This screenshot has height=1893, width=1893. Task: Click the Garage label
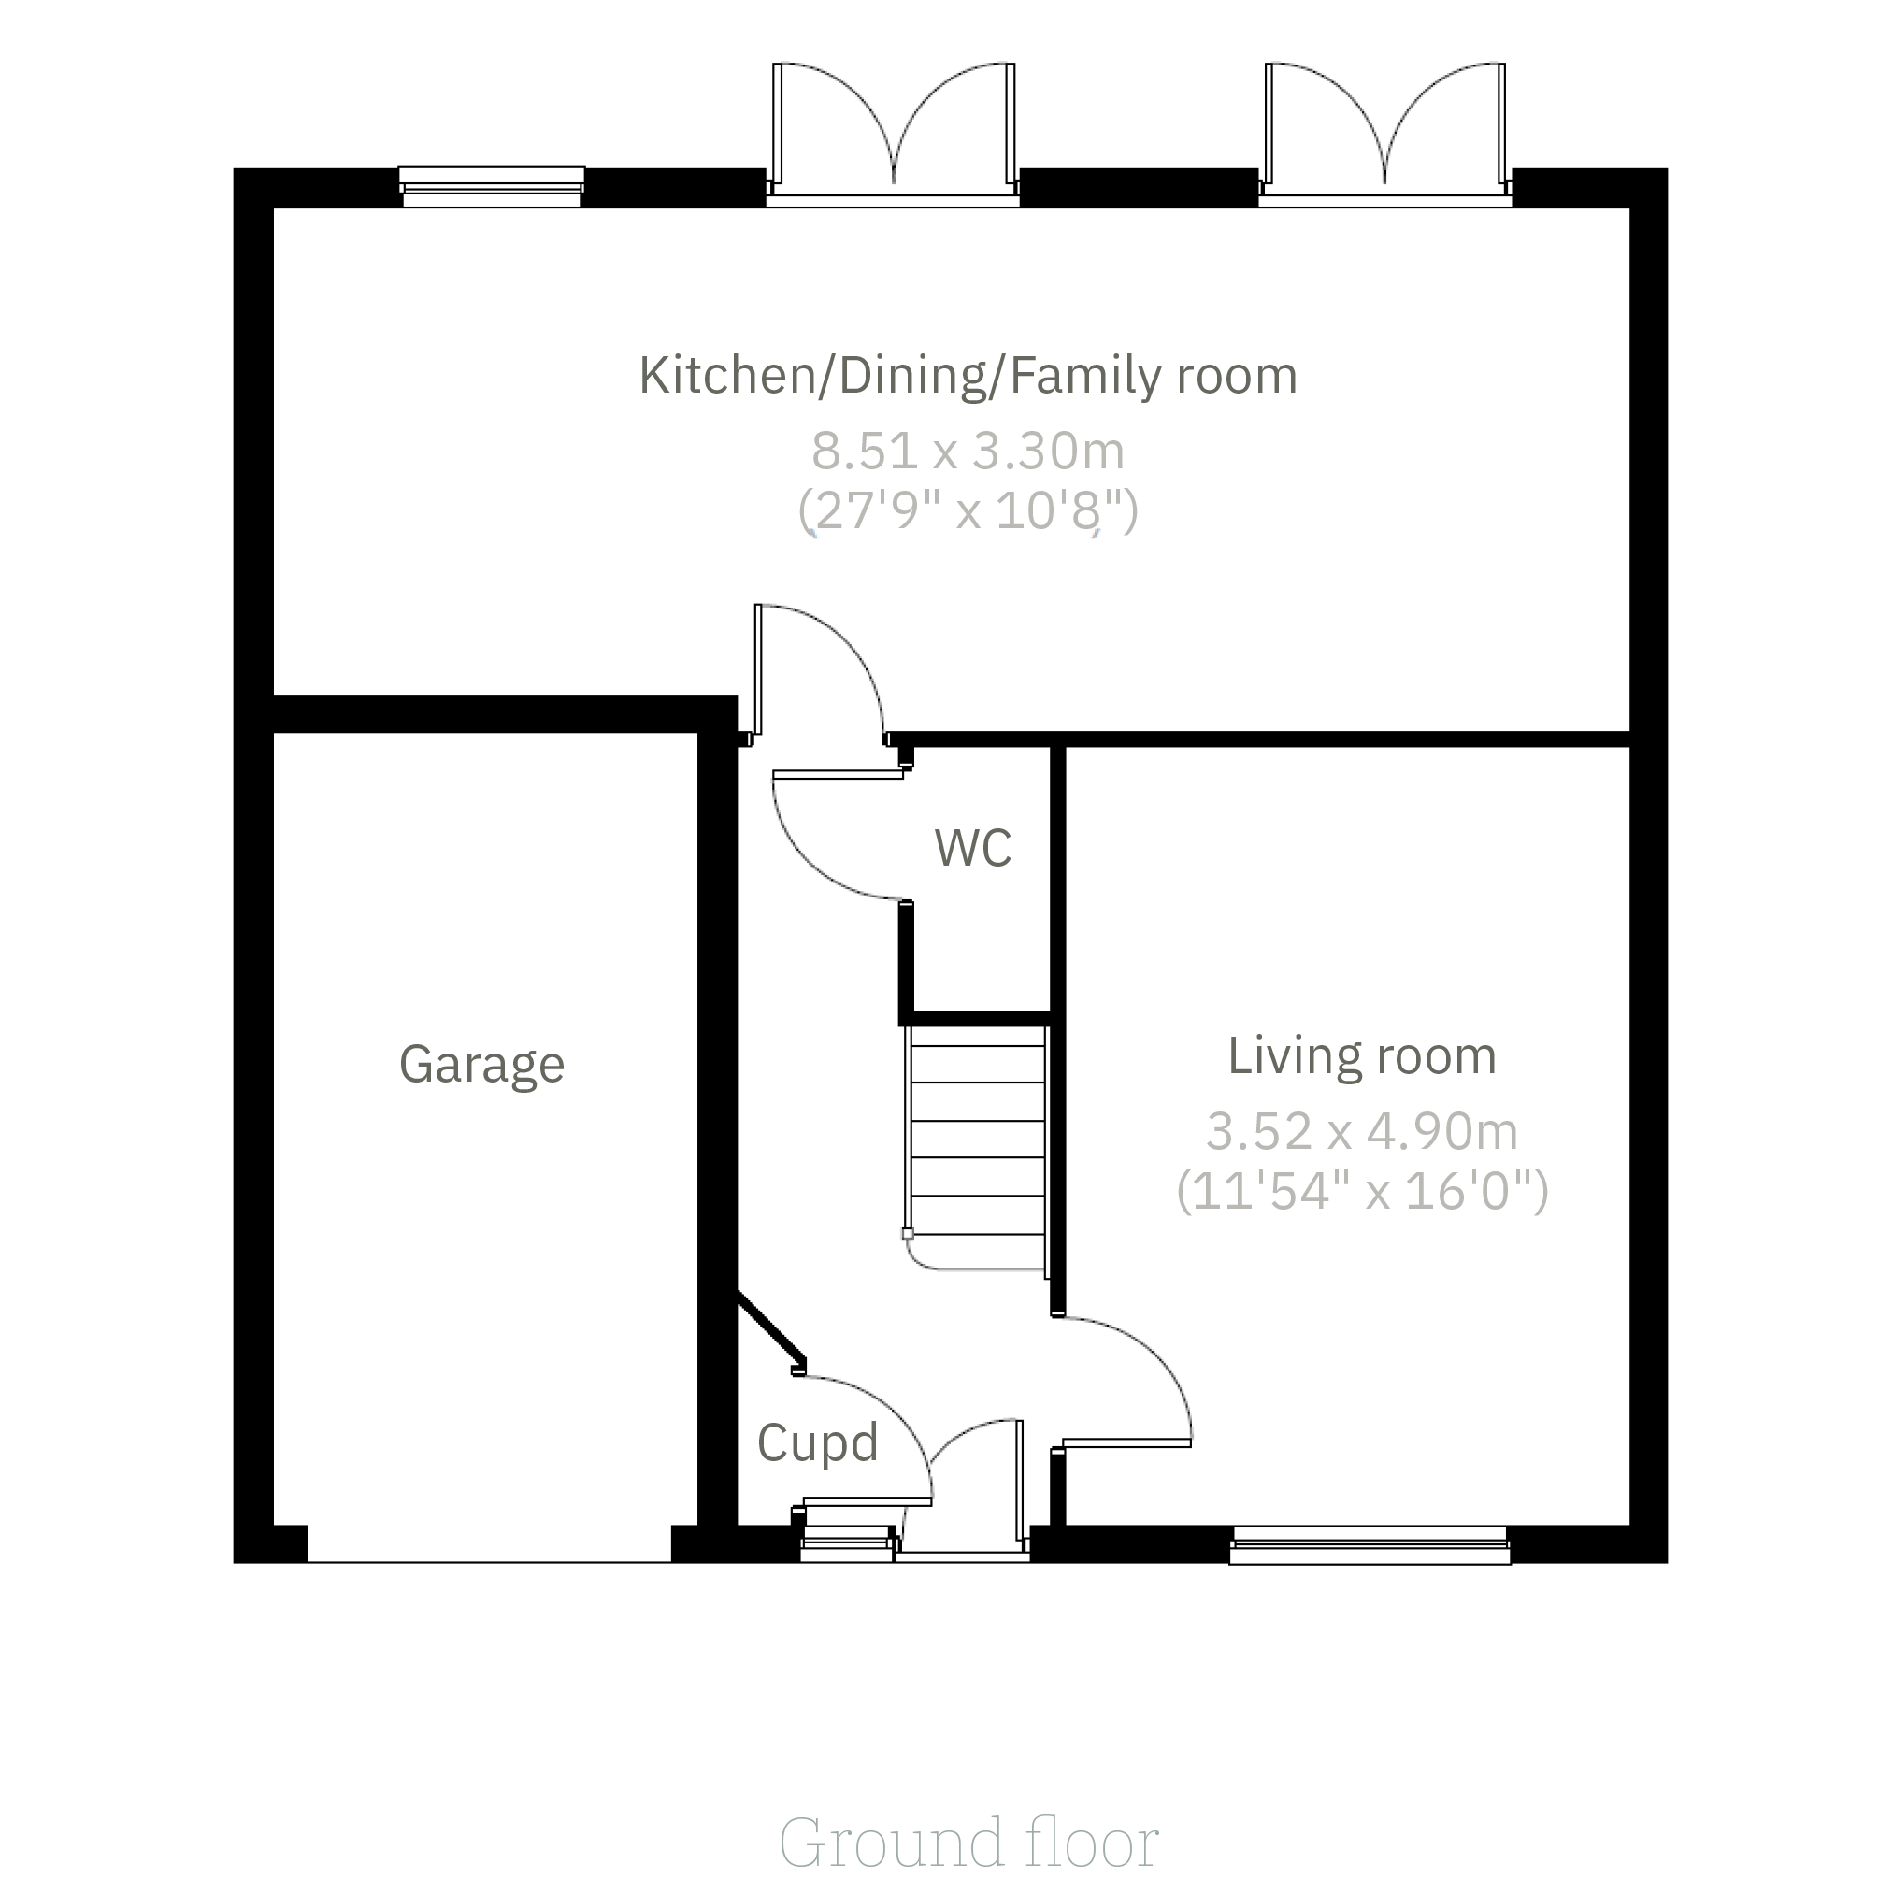pos(482,1065)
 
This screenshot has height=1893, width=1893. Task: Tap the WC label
pos(973,848)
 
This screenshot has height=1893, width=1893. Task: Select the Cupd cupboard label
pos(818,1443)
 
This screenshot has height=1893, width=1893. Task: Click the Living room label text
pos(1362,1055)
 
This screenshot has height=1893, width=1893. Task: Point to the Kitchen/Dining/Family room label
pos(968,375)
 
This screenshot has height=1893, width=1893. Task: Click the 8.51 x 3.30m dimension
pos(968,451)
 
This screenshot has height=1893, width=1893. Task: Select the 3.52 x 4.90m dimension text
pos(1362,1132)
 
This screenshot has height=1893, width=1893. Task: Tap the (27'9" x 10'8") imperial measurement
pos(968,510)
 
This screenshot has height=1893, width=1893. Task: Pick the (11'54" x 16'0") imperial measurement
pos(1362,1192)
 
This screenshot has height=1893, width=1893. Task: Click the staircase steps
pos(977,1147)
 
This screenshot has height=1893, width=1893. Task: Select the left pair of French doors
pos(894,135)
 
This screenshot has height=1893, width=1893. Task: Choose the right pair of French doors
pos(1384,135)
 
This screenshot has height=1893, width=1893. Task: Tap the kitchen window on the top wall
pos(492,186)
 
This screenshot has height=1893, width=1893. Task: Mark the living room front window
pos(1370,1544)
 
